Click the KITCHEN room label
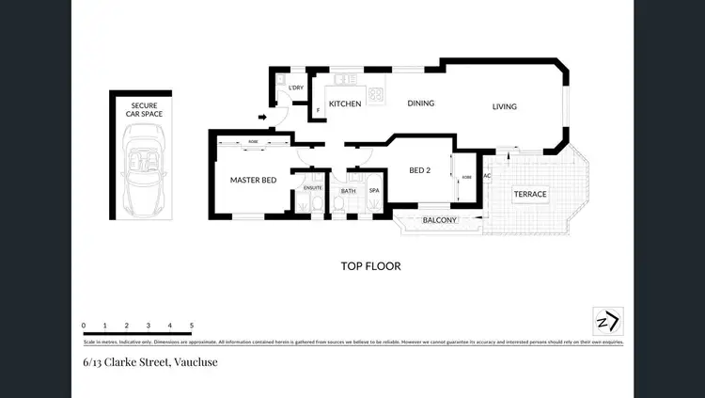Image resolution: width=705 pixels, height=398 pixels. click(x=344, y=104)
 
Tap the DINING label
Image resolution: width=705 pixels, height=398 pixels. click(x=420, y=103)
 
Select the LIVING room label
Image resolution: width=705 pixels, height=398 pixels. click(x=505, y=107)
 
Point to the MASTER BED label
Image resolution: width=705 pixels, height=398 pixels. click(x=253, y=180)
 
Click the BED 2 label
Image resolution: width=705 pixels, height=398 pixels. click(x=421, y=171)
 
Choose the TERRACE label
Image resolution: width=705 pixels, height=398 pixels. click(x=529, y=195)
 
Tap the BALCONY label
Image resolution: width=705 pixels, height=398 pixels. click(x=439, y=221)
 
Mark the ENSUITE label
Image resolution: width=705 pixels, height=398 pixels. click(x=313, y=189)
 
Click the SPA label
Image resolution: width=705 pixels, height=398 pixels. click(x=373, y=190)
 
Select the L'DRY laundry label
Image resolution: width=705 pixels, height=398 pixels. click(x=296, y=88)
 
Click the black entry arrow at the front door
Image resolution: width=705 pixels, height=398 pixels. click(x=262, y=118)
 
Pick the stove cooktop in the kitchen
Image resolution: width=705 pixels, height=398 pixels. click(x=376, y=93)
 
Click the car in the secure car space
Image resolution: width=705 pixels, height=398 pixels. click(x=140, y=169)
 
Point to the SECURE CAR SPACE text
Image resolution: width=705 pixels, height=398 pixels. click(x=140, y=110)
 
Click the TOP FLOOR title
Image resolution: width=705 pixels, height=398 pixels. click(x=370, y=266)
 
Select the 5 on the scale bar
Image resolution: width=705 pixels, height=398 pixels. click(x=192, y=326)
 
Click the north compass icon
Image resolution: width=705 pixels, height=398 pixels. click(x=606, y=321)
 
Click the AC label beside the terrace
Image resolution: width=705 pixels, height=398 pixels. click(x=487, y=177)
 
